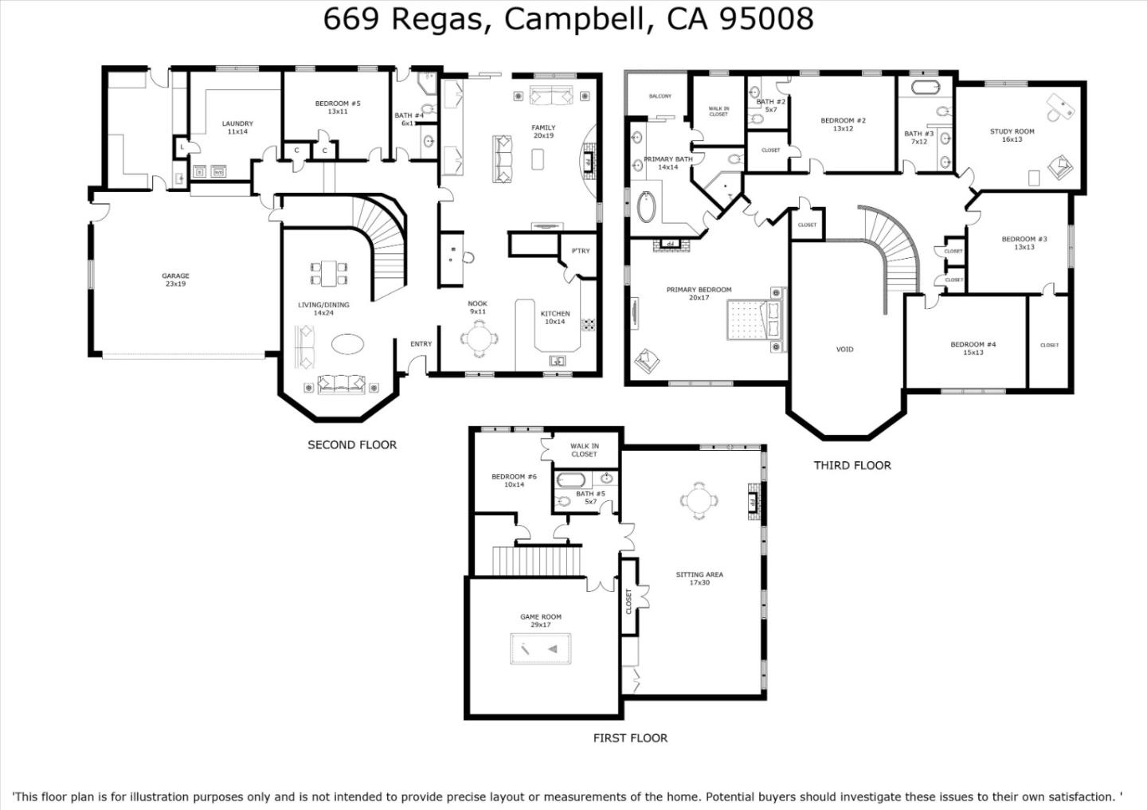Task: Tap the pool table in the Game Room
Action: pyautogui.click(x=540, y=650)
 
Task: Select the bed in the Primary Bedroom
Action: pyautogui.click(x=754, y=321)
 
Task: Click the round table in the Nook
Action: pyautogui.click(x=480, y=341)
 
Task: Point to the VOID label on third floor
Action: pyautogui.click(x=844, y=349)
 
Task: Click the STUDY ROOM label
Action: pyautogui.click(x=1012, y=131)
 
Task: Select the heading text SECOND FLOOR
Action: pyautogui.click(x=352, y=444)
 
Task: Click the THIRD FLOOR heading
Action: pyautogui.click(x=851, y=465)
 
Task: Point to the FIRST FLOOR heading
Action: pyautogui.click(x=630, y=738)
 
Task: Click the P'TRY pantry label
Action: pyautogui.click(x=581, y=251)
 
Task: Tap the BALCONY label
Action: pyautogui.click(x=660, y=96)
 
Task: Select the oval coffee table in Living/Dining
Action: pyautogui.click(x=348, y=344)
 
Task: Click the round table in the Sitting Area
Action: pyautogui.click(x=699, y=501)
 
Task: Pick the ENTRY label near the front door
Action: pyautogui.click(x=421, y=344)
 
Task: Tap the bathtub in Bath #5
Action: pyautogui.click(x=570, y=480)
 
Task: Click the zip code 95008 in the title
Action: pyautogui.click(x=766, y=18)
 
